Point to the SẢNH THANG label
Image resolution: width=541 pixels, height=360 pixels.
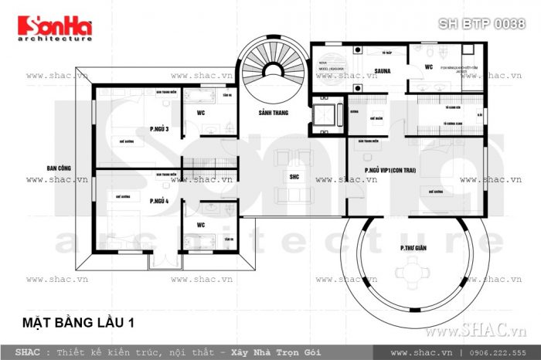tap(274, 113)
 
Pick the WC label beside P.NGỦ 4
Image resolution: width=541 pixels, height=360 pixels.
tap(199, 226)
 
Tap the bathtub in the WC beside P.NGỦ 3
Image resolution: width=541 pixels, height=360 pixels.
tap(202, 97)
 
